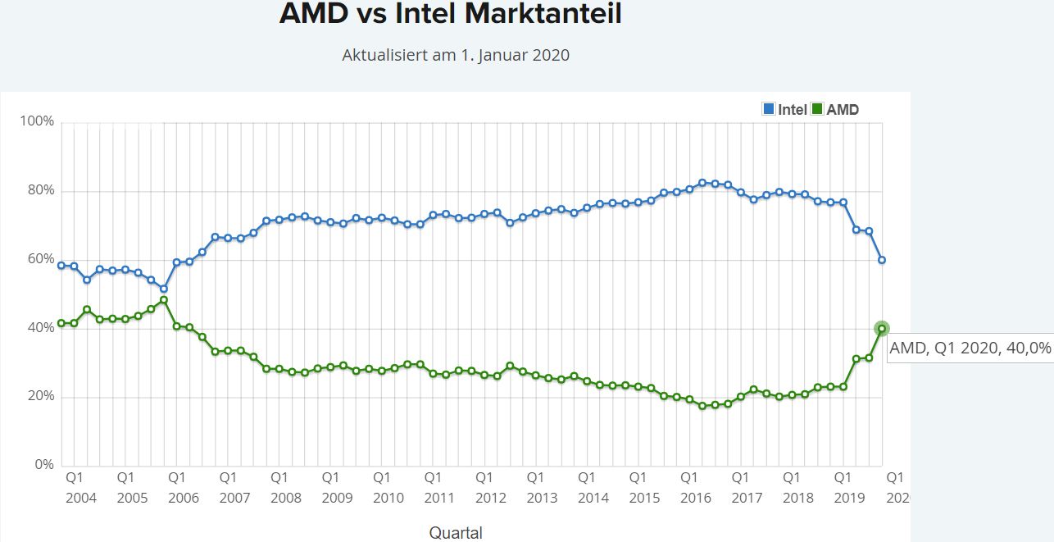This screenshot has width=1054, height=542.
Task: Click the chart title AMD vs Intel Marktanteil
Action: click(450, 14)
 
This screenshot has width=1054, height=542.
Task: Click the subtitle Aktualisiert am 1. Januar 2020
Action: click(455, 56)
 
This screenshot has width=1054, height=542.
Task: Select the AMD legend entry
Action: click(835, 109)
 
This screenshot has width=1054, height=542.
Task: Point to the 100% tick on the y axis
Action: click(37, 121)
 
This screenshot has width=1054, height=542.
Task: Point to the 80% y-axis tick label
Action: click(39, 190)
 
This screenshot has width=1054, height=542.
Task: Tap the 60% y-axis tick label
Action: click(39, 259)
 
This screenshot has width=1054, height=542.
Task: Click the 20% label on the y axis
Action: click(39, 397)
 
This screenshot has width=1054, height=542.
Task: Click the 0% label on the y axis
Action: click(43, 465)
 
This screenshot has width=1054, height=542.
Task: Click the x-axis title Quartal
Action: click(456, 533)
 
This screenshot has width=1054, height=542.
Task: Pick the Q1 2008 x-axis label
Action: click(285, 487)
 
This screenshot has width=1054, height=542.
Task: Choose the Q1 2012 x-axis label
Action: click(490, 487)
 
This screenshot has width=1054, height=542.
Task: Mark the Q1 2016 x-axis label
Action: click(695, 487)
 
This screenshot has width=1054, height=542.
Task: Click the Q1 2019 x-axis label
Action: click(849, 487)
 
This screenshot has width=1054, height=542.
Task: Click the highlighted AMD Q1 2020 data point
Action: click(882, 328)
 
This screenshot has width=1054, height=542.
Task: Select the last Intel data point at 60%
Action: click(882, 260)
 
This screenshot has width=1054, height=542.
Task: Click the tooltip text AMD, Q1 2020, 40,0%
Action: click(970, 348)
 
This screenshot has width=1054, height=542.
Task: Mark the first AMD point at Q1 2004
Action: click(61, 323)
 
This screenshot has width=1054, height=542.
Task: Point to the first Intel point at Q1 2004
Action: click(61, 266)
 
